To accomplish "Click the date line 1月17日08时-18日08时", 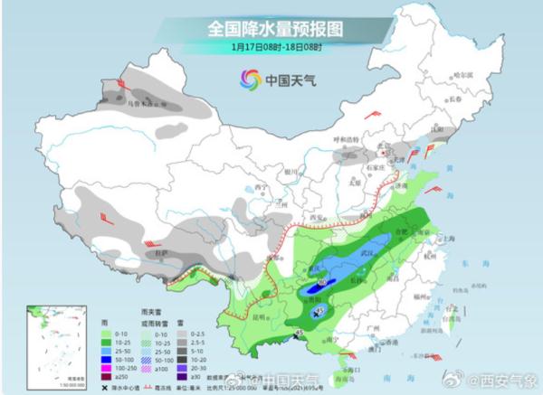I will point(275,46).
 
